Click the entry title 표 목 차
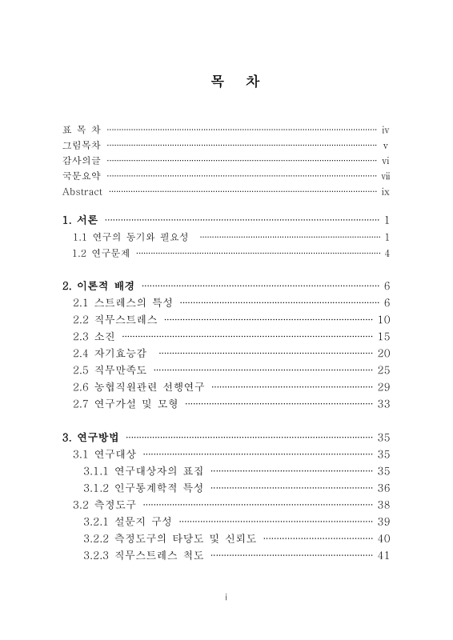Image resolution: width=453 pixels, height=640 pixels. click(82, 129)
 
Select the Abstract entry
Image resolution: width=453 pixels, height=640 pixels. click(82, 192)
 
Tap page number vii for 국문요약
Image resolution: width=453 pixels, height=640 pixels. click(385, 176)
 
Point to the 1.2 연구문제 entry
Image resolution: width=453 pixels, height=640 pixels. click(102, 254)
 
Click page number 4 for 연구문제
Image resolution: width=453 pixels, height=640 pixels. click(387, 254)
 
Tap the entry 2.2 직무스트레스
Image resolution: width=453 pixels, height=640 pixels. click(115, 319)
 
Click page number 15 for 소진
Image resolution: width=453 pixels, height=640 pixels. click(383, 336)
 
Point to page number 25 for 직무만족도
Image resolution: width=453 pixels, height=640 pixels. click(383, 370)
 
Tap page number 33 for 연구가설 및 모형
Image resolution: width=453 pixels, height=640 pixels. click(383, 403)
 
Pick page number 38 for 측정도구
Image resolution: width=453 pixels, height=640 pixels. click(383, 504)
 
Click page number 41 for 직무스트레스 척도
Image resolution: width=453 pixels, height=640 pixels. click(383, 554)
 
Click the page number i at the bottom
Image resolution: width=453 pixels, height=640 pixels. click(226, 596)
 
